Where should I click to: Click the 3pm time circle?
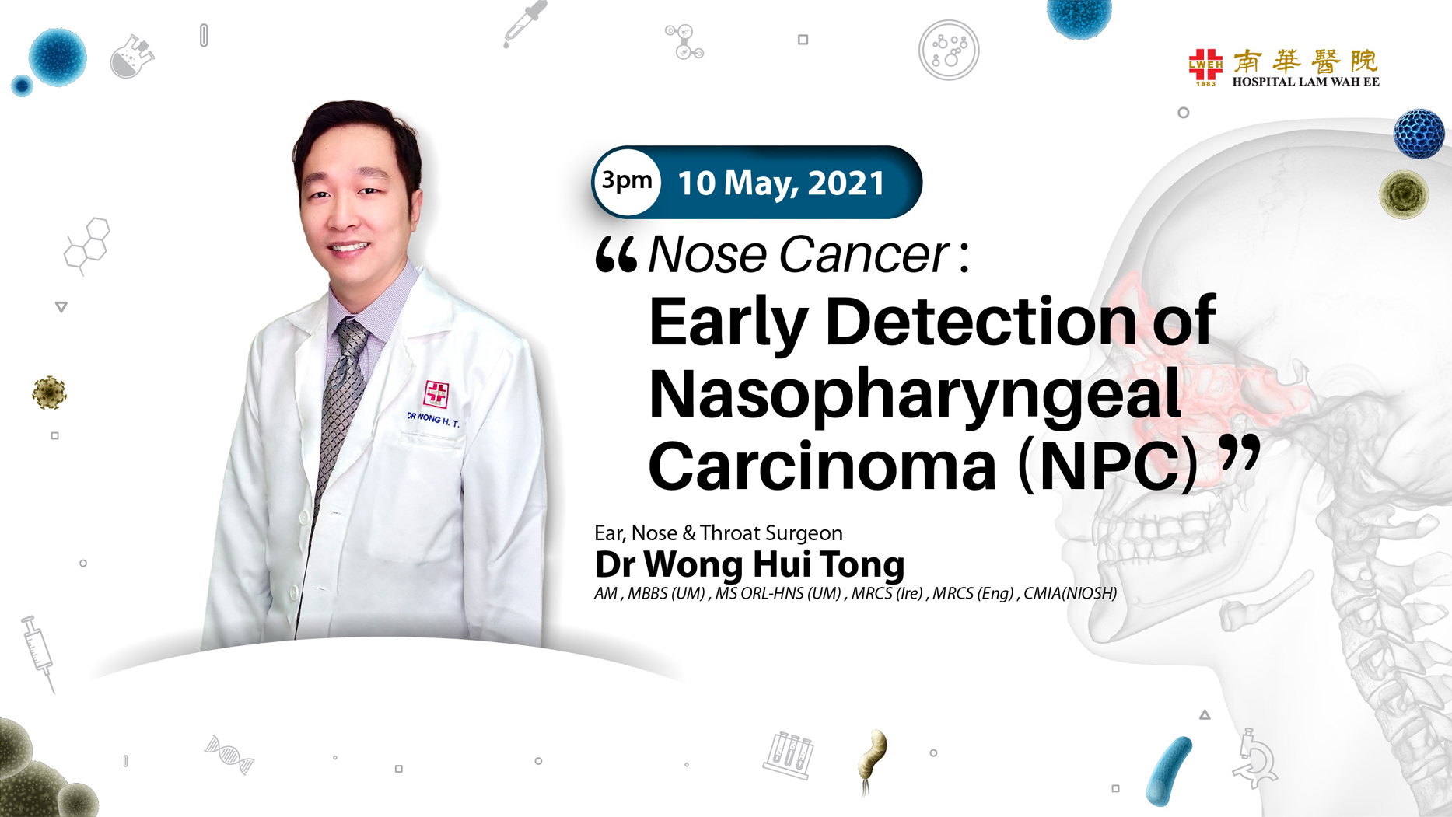(x=627, y=181)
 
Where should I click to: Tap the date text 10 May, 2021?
(x=781, y=183)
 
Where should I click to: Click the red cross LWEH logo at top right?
(x=1205, y=66)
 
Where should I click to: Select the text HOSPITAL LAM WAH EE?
(x=1306, y=82)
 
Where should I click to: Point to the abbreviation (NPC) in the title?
(x=1107, y=466)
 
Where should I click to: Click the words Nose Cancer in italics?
(x=798, y=254)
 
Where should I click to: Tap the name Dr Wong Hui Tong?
(x=749, y=564)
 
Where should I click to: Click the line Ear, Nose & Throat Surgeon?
(x=718, y=533)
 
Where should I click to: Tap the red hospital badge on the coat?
(x=436, y=393)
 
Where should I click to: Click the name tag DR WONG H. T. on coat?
(x=433, y=419)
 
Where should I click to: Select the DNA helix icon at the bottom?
(x=229, y=754)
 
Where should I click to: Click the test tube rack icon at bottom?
(x=788, y=755)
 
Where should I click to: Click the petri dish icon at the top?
(x=948, y=51)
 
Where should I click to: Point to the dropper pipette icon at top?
(x=524, y=23)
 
